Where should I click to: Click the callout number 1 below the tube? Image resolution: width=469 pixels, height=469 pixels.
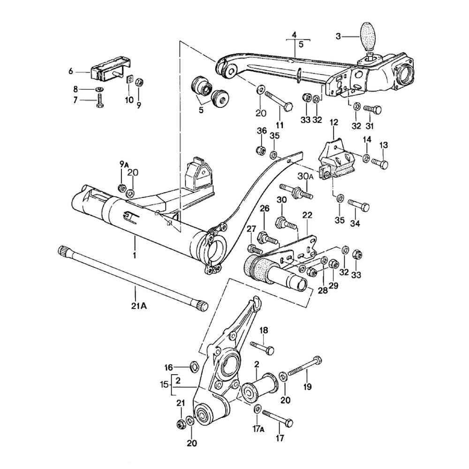click(134, 256)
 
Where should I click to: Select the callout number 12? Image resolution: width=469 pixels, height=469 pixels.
click(333, 122)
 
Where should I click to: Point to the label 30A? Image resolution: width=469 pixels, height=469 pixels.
click(305, 177)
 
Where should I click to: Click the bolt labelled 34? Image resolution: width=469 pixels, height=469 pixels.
click(358, 205)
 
